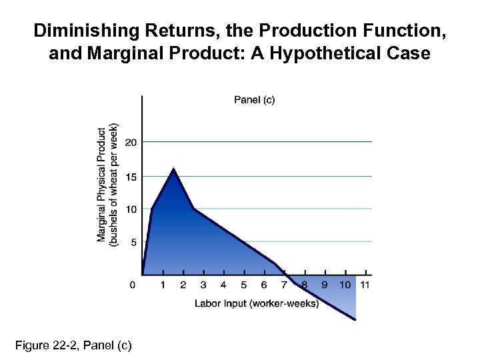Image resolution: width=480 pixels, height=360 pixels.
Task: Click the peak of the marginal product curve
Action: [x=174, y=169]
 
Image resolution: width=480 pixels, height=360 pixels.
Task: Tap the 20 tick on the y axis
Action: [x=131, y=142]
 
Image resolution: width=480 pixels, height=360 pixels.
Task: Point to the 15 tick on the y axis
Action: [x=131, y=176]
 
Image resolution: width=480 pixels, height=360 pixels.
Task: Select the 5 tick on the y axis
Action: [x=133, y=242]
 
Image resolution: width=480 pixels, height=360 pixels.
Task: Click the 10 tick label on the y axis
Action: [x=131, y=209]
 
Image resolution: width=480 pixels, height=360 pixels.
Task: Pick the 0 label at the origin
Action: [x=133, y=285]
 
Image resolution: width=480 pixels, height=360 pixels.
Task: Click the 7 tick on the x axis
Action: [x=285, y=285]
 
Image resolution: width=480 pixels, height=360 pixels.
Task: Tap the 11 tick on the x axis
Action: [x=365, y=285]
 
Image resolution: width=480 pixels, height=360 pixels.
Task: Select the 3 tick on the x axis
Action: [x=203, y=285]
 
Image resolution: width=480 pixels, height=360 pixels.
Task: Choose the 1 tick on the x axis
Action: [x=163, y=285]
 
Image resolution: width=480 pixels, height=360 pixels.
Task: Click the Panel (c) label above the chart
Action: [x=254, y=100]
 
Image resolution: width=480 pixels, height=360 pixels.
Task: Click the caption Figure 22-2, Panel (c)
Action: [x=73, y=345]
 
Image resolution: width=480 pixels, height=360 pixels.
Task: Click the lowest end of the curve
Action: [x=355, y=319]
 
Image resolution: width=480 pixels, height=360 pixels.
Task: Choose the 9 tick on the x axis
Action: [x=325, y=285]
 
